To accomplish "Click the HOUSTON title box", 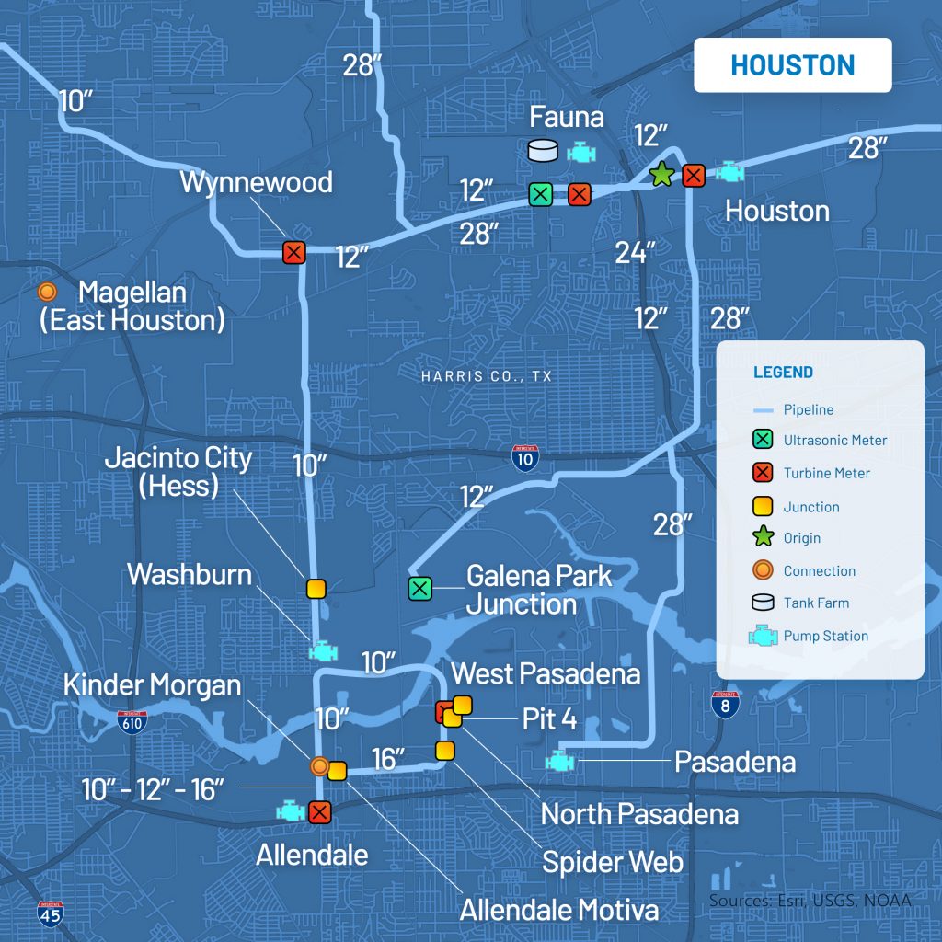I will (792, 65).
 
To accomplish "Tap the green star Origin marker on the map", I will (661, 174).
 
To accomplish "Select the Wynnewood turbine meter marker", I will (293, 252).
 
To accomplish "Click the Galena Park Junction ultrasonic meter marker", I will (419, 588).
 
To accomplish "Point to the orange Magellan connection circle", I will (46, 293).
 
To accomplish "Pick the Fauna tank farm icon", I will (544, 151).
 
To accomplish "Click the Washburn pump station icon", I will (323, 650).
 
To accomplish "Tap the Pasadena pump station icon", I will (557, 762).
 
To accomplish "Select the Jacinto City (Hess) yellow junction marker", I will (316, 588).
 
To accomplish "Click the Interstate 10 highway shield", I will (524, 457).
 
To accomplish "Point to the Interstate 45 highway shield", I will (51, 913).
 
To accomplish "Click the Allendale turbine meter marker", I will (319, 812).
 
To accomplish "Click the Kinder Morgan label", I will (152, 685).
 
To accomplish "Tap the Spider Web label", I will (612, 862).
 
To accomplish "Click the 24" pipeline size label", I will (635, 252).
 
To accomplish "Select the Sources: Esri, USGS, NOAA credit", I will (810, 900).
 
